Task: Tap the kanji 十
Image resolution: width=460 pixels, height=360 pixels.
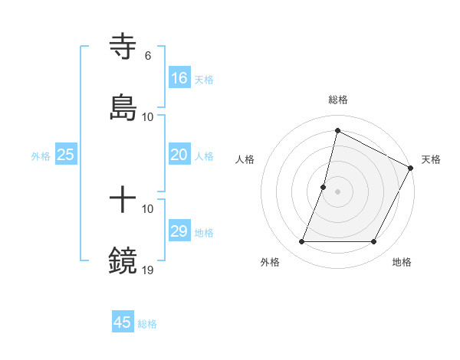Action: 123,200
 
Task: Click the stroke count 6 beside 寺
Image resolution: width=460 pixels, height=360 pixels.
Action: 147,56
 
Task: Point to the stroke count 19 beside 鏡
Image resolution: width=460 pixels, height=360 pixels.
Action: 148,270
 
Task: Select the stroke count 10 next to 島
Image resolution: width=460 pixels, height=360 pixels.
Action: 148,116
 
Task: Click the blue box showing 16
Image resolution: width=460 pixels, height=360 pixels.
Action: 179,78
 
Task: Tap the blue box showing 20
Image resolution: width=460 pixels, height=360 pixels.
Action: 179,155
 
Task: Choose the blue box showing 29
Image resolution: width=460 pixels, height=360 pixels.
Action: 179,231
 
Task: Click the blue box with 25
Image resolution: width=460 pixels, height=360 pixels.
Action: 66,155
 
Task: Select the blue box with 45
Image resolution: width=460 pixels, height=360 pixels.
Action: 123,322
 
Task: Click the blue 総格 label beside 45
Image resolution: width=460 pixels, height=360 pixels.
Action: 147,324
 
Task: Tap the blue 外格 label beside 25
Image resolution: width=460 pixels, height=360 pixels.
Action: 41,156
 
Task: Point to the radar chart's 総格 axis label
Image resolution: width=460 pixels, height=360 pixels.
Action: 338,100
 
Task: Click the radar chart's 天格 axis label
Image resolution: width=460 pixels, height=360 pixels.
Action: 431,159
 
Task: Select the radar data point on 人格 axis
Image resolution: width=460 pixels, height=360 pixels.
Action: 324,186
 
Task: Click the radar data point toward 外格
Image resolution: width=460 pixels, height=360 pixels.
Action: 301,242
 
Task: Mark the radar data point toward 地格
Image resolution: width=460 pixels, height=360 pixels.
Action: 374,242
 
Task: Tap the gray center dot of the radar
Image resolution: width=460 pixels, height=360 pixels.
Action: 338,191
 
